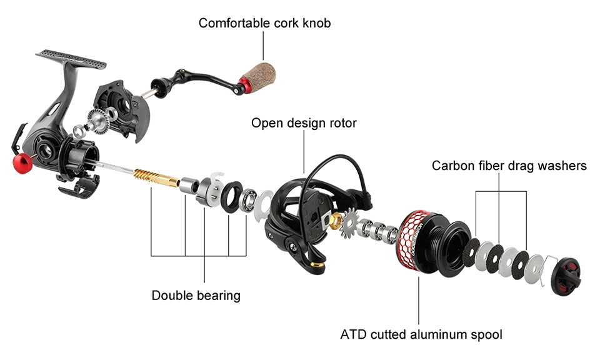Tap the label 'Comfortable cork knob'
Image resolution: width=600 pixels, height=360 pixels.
(264, 23)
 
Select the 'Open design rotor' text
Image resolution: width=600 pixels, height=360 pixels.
(304, 122)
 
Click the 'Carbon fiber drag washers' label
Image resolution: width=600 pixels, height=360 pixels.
(509, 166)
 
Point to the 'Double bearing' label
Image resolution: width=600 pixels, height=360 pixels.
(196, 295)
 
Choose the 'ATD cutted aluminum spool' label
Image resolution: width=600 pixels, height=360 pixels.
(421, 334)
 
